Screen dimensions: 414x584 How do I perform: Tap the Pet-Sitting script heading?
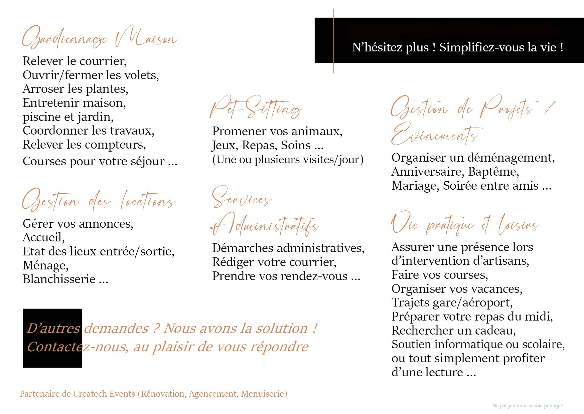256,108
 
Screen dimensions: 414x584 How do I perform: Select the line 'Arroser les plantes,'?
76,89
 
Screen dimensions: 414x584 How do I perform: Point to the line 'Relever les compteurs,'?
84,145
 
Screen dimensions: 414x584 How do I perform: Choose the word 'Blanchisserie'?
59,279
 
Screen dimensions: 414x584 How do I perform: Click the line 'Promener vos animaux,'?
277,132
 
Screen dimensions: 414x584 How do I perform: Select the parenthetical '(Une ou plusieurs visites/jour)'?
288,160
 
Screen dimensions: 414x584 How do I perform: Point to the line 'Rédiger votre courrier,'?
274,262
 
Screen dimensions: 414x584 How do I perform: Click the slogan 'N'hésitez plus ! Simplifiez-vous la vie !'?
458,47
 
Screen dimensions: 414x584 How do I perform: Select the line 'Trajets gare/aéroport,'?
452,302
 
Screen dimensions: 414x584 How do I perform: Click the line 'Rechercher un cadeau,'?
454,331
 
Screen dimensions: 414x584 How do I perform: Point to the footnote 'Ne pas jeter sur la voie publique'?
528,406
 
